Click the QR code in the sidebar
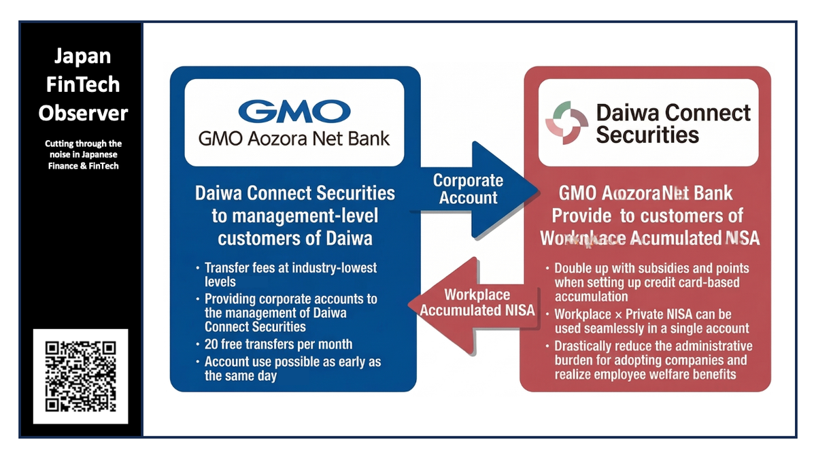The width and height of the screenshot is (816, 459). point(80,376)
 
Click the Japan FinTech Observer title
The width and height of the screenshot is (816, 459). point(83,84)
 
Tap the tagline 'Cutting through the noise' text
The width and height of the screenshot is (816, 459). point(83,154)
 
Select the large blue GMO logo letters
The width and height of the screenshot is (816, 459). point(294,112)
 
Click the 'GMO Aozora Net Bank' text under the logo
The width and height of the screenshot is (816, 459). point(294,139)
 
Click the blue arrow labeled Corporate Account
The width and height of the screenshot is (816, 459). point(476,189)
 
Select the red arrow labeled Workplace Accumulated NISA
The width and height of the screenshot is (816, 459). point(476,303)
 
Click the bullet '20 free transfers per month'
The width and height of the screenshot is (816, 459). point(278,343)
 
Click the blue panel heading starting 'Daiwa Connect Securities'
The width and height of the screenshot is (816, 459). point(294,216)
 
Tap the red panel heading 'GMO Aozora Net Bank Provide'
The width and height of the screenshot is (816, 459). point(647,216)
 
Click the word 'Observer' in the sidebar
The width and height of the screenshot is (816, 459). point(83,113)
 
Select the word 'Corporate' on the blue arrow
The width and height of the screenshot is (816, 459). point(468,181)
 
